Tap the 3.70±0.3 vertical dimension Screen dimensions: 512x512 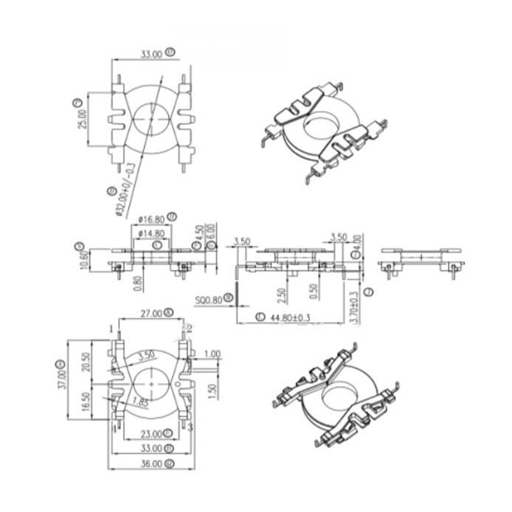click(352, 306)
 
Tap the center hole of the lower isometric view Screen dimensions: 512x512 click(338, 395)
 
